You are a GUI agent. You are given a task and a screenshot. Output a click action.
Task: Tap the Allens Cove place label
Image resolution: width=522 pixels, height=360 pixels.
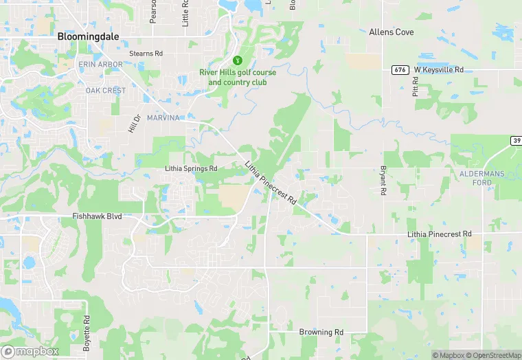[x=391, y=32]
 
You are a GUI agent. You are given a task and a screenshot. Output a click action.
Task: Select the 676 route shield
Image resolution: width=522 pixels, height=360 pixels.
[x=398, y=70]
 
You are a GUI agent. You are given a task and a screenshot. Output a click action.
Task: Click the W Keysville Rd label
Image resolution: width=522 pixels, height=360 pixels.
[x=439, y=69]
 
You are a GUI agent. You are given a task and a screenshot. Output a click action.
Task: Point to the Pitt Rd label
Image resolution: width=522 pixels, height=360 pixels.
[x=416, y=87]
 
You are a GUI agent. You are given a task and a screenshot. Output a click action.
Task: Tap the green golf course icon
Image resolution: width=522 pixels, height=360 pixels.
[x=238, y=60]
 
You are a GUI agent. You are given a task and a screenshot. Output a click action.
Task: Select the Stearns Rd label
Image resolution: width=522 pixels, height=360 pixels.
[x=146, y=53]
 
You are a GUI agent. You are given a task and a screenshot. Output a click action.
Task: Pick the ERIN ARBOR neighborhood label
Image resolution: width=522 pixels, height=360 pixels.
[x=101, y=65]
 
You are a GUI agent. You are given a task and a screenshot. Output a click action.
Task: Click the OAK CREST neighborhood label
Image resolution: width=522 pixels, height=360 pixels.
[x=105, y=91]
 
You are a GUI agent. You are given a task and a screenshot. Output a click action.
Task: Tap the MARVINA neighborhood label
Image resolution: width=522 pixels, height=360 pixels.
[x=163, y=118]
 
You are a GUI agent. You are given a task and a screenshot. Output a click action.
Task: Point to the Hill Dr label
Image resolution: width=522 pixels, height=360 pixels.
[x=134, y=124]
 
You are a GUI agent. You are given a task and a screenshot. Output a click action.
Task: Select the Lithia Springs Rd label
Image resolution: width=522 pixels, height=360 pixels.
[x=191, y=168]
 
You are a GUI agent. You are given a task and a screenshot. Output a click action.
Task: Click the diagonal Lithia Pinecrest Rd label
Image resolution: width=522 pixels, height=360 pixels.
[x=271, y=183]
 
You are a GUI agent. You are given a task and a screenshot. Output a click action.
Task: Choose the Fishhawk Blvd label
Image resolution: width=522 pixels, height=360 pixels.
[x=97, y=216]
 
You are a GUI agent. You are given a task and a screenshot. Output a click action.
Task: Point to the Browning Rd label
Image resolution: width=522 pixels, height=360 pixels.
[x=321, y=332]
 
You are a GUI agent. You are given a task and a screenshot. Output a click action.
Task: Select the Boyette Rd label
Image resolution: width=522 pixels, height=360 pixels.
[x=87, y=333]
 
